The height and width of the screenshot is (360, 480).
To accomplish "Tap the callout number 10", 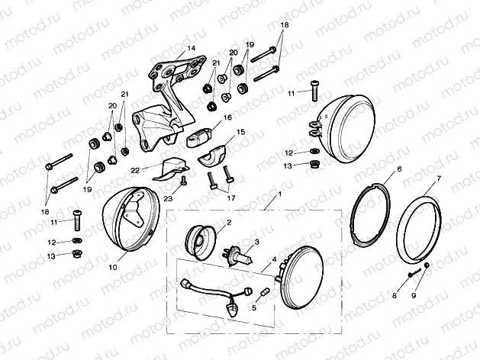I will click(113, 267).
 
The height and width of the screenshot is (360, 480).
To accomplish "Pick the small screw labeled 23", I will click(183, 182).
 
